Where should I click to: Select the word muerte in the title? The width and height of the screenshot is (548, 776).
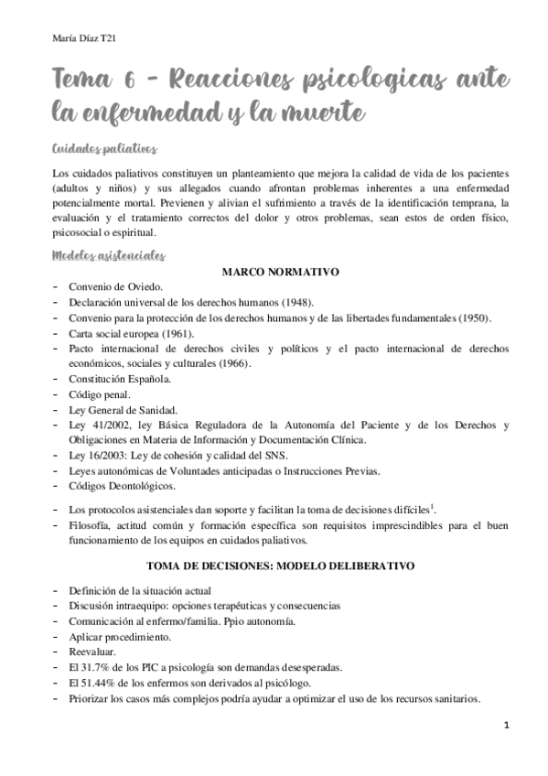tap(324, 113)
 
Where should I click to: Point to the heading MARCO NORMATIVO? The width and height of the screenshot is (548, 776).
tap(280, 272)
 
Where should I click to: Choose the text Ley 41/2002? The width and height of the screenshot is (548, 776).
tap(95, 425)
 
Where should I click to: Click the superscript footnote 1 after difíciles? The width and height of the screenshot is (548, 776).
tap(433, 505)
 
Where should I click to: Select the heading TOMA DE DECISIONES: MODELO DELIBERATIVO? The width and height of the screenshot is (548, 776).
tap(280, 566)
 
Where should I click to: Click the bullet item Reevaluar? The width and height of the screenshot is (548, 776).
tap(92, 652)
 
